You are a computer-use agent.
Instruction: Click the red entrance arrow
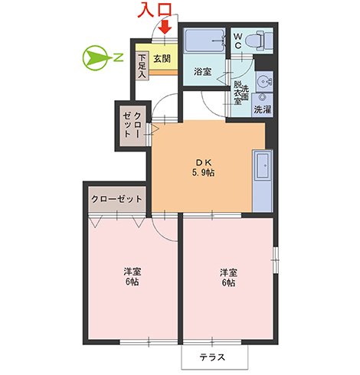tap(165, 27)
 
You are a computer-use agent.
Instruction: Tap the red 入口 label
tap(155, 11)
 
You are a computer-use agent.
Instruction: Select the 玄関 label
tap(162, 59)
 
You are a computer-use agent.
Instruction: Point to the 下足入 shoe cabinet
tap(142, 66)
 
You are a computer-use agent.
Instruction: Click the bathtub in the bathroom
tap(205, 41)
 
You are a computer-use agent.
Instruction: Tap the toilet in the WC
tap(259, 41)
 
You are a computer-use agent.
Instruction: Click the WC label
tap(237, 41)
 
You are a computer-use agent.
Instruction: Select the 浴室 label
tap(202, 72)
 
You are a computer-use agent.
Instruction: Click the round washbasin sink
tap(264, 82)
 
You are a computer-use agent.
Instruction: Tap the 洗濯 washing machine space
tap(262, 106)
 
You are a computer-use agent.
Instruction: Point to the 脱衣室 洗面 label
tap(241, 93)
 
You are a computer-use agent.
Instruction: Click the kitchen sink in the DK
tap(263, 166)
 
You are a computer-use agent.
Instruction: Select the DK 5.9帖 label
tap(203, 168)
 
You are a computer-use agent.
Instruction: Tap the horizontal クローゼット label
tap(116, 199)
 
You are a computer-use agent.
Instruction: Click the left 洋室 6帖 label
tap(133, 276)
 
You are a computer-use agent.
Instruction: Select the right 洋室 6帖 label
tap(228, 277)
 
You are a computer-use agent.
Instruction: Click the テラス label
tap(212, 357)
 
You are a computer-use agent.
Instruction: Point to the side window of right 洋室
tap(275, 260)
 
